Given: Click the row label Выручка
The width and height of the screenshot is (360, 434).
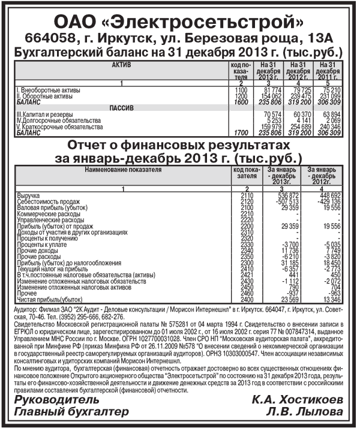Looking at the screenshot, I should click(27, 195).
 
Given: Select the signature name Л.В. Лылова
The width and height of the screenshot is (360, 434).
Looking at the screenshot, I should click(305, 412).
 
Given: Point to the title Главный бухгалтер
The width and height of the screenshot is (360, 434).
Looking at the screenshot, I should click(71, 412).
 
